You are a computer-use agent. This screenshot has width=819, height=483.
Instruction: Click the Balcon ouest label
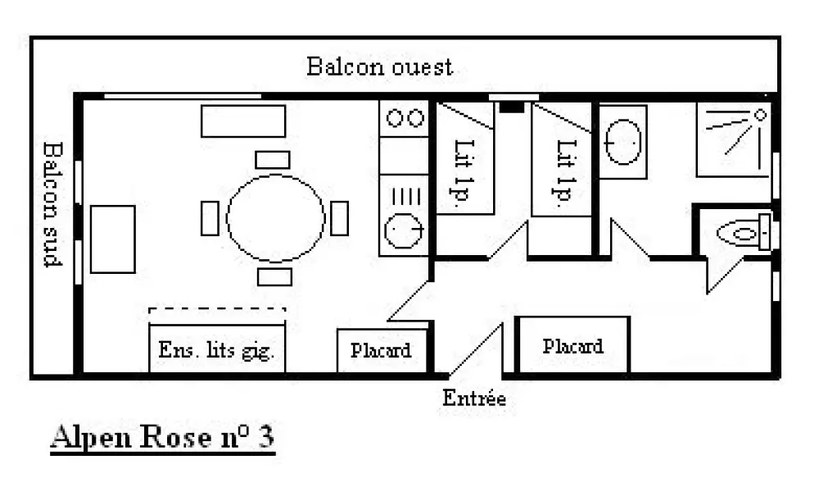(x=379, y=66)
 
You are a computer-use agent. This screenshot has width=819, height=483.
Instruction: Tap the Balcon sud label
(x=53, y=204)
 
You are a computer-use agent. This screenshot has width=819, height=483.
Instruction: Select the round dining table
(x=276, y=217)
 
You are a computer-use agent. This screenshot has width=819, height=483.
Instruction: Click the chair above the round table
(x=272, y=159)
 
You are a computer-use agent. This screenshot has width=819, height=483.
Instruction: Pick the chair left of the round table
(x=210, y=218)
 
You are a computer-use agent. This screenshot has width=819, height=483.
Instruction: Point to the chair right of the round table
(x=339, y=218)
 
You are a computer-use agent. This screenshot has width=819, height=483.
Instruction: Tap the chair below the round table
(x=274, y=276)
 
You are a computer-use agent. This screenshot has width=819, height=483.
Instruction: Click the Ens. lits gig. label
(x=217, y=353)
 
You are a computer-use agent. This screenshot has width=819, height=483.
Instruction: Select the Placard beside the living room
(x=381, y=351)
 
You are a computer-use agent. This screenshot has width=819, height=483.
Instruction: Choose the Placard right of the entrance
(x=572, y=346)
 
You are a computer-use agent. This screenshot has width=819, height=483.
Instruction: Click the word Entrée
(x=474, y=399)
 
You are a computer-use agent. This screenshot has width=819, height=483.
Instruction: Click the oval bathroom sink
(x=622, y=143)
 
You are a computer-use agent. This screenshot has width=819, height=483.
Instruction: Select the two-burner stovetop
(x=404, y=118)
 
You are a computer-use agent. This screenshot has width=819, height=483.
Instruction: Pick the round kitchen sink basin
(x=403, y=230)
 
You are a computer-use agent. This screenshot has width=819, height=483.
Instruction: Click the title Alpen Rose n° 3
(x=162, y=438)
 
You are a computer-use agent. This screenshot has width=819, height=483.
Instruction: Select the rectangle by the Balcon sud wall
(x=112, y=239)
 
